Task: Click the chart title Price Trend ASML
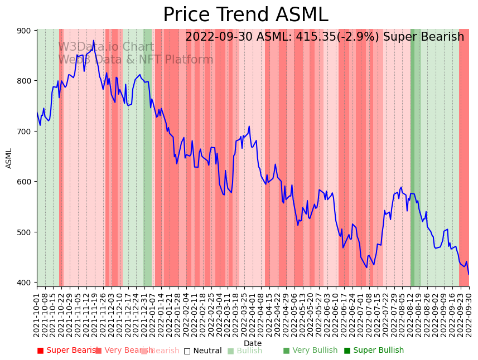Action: [245, 15]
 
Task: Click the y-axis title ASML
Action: [9, 158]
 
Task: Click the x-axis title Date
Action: [253, 343]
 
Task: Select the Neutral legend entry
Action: [203, 351]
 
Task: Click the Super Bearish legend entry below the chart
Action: [67, 351]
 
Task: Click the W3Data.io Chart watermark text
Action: [106, 47]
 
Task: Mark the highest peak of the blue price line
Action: [94, 41]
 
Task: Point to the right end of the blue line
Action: [469, 274]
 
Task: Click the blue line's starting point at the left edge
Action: [37, 113]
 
